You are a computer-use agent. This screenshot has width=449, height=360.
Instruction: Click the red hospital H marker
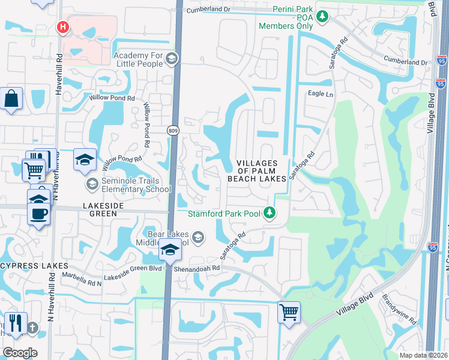[x=62, y=27]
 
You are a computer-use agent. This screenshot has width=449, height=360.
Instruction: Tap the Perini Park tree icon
[x=323, y=16]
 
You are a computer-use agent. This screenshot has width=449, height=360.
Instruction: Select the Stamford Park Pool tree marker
[x=270, y=213]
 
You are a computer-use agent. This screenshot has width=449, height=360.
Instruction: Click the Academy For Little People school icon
[x=172, y=59]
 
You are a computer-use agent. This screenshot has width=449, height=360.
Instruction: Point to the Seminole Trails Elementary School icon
[x=92, y=183]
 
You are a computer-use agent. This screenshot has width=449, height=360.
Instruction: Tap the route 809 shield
[x=173, y=130]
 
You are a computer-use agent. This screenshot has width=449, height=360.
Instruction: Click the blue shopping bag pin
[x=11, y=99]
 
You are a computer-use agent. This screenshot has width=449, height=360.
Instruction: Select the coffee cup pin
[x=39, y=213]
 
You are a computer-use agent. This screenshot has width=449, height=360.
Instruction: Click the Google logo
[x=19, y=353]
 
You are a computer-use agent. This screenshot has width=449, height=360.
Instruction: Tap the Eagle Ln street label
[x=320, y=94]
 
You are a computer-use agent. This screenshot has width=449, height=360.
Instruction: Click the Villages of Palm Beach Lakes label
[x=256, y=170]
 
